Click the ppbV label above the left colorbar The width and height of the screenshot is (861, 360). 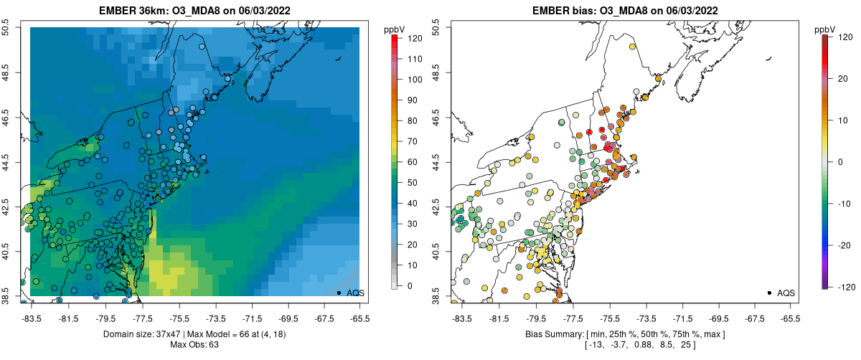(x=394, y=29)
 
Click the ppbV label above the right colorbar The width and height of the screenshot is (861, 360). (x=824, y=29)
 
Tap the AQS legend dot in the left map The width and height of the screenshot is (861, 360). (x=338, y=293)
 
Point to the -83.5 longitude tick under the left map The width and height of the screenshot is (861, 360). (x=31, y=316)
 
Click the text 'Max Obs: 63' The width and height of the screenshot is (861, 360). (x=194, y=345)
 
